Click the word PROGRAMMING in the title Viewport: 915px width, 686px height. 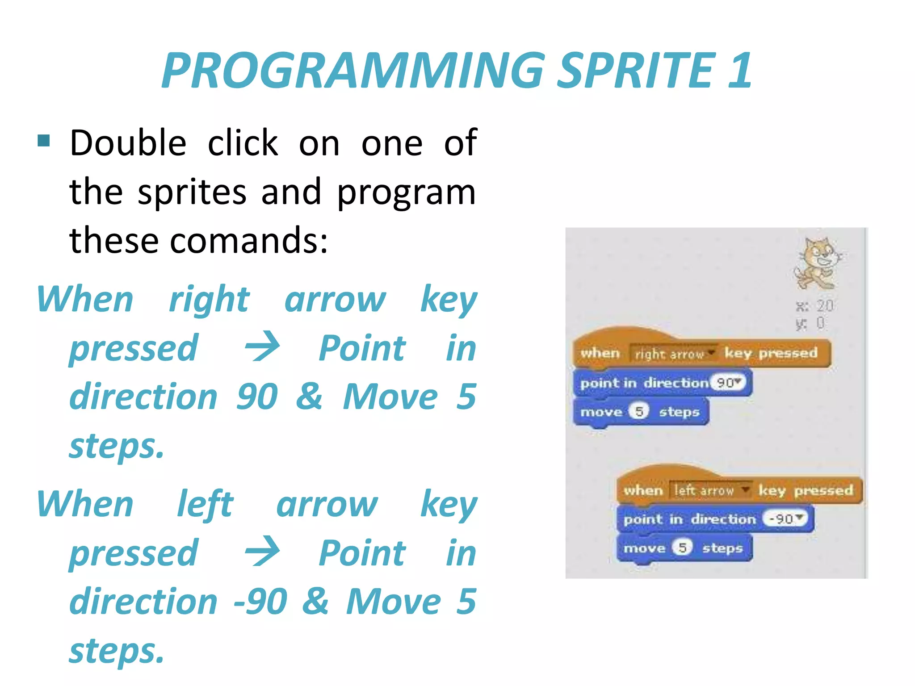353,71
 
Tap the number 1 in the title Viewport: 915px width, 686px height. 739,71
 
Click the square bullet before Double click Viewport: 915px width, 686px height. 44,141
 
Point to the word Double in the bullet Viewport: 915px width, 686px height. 128,143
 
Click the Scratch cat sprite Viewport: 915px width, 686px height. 818,264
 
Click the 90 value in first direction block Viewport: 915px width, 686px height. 728,383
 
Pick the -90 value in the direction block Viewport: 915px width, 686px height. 786,519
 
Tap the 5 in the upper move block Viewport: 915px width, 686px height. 639,411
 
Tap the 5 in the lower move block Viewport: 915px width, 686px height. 682,547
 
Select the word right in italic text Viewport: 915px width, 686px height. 209,299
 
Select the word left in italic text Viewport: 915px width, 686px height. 205,505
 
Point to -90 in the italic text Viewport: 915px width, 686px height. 260,601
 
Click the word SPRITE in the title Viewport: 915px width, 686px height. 637,71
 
